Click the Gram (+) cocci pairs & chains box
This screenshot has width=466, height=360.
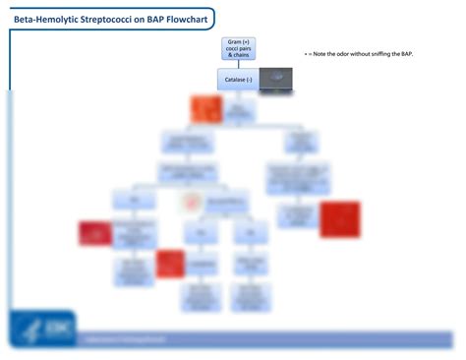point(236,50)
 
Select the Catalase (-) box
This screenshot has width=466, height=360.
point(236,80)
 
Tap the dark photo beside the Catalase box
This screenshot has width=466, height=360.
point(276,79)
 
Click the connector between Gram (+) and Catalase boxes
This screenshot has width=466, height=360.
point(236,66)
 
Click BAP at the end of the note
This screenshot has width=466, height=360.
point(420,54)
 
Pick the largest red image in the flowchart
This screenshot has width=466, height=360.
point(339,218)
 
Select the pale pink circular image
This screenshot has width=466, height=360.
point(190,203)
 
